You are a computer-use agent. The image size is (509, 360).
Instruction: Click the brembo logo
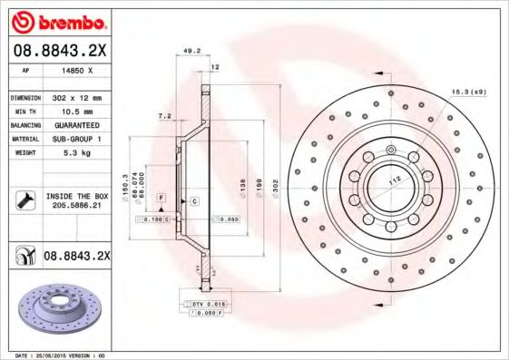[x=58, y=20]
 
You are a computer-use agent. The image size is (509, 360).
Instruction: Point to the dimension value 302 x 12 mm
[x=76, y=96]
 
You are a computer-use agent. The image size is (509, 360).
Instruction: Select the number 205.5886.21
[x=76, y=206]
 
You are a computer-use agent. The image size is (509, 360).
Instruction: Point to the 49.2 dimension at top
[x=192, y=52]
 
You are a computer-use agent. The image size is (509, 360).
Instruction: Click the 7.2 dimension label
[x=164, y=116]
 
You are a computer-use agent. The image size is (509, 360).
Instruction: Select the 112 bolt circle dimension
[x=396, y=180]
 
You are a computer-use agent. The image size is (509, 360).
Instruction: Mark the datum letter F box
[x=161, y=197]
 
